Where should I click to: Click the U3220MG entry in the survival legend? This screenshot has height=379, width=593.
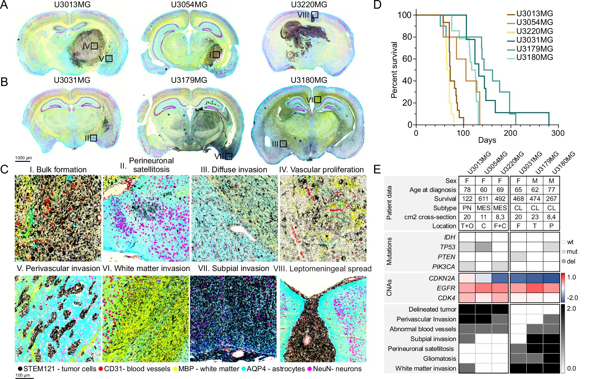point(534,31)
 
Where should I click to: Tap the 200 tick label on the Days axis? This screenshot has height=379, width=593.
point(510,133)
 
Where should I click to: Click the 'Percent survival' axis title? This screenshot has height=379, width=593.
point(394,70)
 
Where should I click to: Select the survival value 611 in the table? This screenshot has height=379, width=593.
point(483,199)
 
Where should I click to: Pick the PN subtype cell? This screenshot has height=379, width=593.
point(467,208)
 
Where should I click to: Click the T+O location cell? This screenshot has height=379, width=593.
point(467,226)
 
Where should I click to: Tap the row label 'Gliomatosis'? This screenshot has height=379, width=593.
point(439,358)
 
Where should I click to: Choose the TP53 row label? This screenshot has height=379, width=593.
point(447,247)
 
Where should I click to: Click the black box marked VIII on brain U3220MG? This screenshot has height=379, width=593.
point(315,15)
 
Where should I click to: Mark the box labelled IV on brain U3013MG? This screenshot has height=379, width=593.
point(94,46)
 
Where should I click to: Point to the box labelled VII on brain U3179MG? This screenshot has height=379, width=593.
point(229,156)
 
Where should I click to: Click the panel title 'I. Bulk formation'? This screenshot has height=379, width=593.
point(58,170)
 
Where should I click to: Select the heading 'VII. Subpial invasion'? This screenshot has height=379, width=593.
point(233,268)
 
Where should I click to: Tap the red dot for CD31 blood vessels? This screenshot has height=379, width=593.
point(101,369)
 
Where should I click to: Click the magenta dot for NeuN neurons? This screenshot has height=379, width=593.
point(310,369)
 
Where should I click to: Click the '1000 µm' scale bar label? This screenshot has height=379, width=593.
point(23,158)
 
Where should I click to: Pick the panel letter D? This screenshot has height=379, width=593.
point(377,5)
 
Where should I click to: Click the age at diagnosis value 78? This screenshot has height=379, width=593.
point(467,190)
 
